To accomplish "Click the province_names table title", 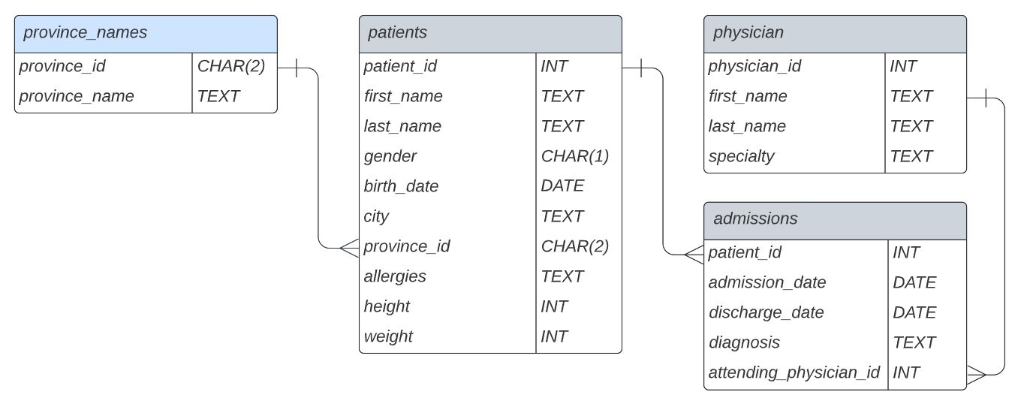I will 85,33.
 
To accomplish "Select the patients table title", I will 397,33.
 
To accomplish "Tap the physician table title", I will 748,33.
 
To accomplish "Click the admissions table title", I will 755,219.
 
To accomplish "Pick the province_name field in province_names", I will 77,96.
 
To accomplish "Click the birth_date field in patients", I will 401,186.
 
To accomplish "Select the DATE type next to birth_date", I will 562,186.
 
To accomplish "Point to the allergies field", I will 395,276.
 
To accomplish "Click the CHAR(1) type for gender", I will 574,156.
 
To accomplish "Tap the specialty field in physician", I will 741,156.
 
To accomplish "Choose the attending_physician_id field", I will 794,372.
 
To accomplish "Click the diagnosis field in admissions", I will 744,342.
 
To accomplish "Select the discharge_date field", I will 766,312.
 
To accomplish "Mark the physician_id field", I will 754,66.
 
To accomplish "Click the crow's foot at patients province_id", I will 349,247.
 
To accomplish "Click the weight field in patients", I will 388,336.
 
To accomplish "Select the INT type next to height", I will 554,306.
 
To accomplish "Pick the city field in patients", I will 376,216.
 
